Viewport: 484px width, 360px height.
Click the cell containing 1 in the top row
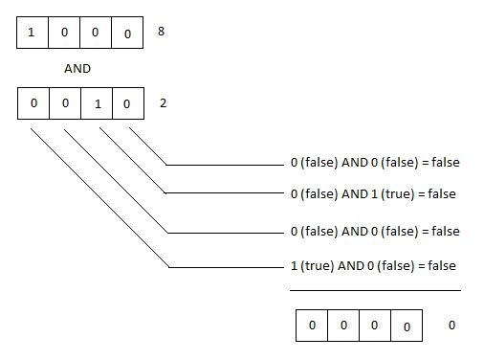click(33, 33)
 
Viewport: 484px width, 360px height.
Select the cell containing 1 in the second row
click(97, 103)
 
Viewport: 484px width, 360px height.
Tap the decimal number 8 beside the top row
click(161, 32)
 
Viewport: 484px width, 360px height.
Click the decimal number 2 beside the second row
click(163, 103)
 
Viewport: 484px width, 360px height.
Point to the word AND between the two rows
click(77, 69)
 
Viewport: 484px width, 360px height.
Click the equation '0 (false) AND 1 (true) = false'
click(373, 194)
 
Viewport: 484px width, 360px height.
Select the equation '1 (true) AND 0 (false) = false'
click(373, 266)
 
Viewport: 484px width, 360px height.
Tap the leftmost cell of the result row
click(312, 326)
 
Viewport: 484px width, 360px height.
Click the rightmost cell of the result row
click(407, 326)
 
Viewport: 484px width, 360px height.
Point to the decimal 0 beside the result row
click(451, 326)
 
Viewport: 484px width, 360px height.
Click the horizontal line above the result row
click(375, 290)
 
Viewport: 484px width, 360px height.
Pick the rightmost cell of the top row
click(127, 33)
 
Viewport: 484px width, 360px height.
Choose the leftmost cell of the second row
click(33, 103)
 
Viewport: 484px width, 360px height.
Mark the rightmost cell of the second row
click(128, 103)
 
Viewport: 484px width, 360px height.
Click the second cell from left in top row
click(64, 33)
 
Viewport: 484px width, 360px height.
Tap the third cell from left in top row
click(96, 33)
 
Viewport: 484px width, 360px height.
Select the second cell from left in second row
click(65, 103)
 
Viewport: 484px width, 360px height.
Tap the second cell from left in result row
click(343, 326)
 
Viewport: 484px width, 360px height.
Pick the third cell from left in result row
click(375, 326)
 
